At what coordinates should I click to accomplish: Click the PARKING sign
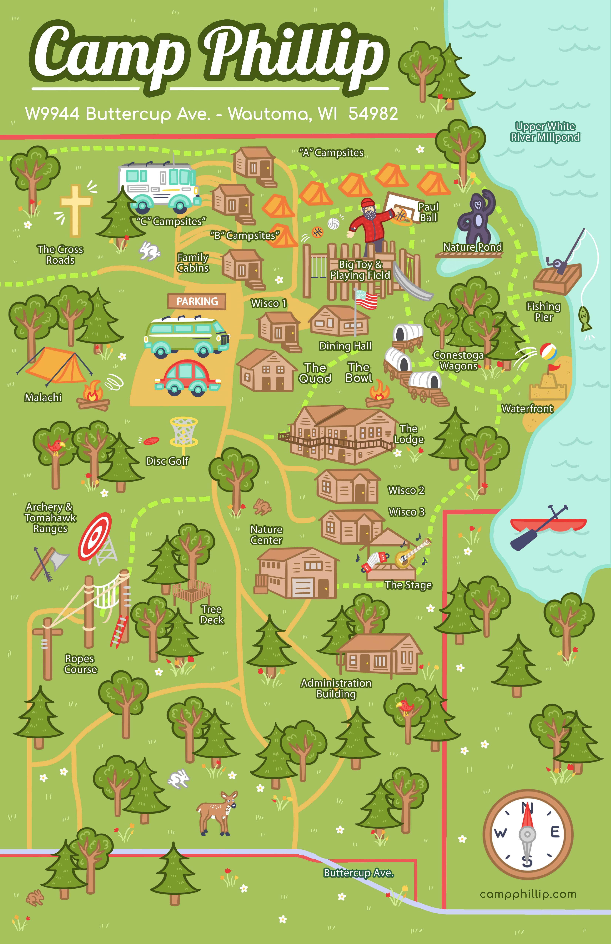(197, 302)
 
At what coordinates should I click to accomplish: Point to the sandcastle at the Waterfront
(548, 387)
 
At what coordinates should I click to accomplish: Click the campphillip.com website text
(528, 894)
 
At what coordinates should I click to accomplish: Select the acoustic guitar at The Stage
(411, 553)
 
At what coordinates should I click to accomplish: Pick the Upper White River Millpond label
(545, 132)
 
